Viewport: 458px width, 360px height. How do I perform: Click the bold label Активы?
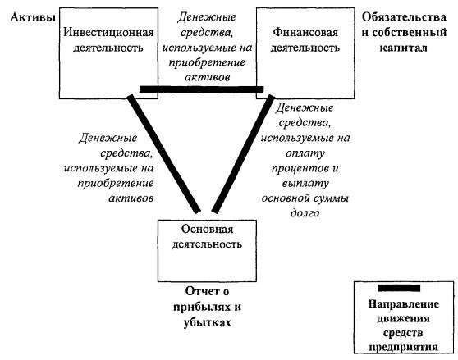[x=33, y=17]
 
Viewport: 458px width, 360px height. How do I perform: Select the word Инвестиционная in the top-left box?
[x=108, y=32]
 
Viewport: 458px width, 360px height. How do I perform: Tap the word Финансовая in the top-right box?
[x=305, y=32]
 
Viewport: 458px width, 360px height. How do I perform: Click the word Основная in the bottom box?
[x=207, y=229]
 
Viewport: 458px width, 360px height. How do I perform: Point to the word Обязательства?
[x=404, y=17]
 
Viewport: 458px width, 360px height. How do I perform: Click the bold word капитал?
[x=403, y=48]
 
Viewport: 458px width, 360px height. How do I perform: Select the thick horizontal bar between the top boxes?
[x=202, y=89]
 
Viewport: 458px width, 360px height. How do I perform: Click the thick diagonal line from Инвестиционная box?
[x=164, y=153]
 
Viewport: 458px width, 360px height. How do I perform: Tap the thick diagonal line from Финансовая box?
[x=243, y=153]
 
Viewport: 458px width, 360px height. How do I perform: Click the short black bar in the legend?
[x=399, y=288]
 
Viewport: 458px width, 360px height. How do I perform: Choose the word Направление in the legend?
[x=403, y=304]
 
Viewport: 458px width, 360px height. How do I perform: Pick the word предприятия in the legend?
[x=403, y=347]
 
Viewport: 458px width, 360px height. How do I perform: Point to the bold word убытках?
[x=208, y=322]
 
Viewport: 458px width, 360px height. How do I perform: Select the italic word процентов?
[x=300, y=169]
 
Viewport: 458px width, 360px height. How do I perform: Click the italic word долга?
[x=305, y=213]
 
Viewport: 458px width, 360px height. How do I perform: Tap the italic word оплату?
[x=305, y=153]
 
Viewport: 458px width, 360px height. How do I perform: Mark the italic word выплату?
[x=305, y=184]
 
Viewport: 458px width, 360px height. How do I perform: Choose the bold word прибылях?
[x=201, y=307]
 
